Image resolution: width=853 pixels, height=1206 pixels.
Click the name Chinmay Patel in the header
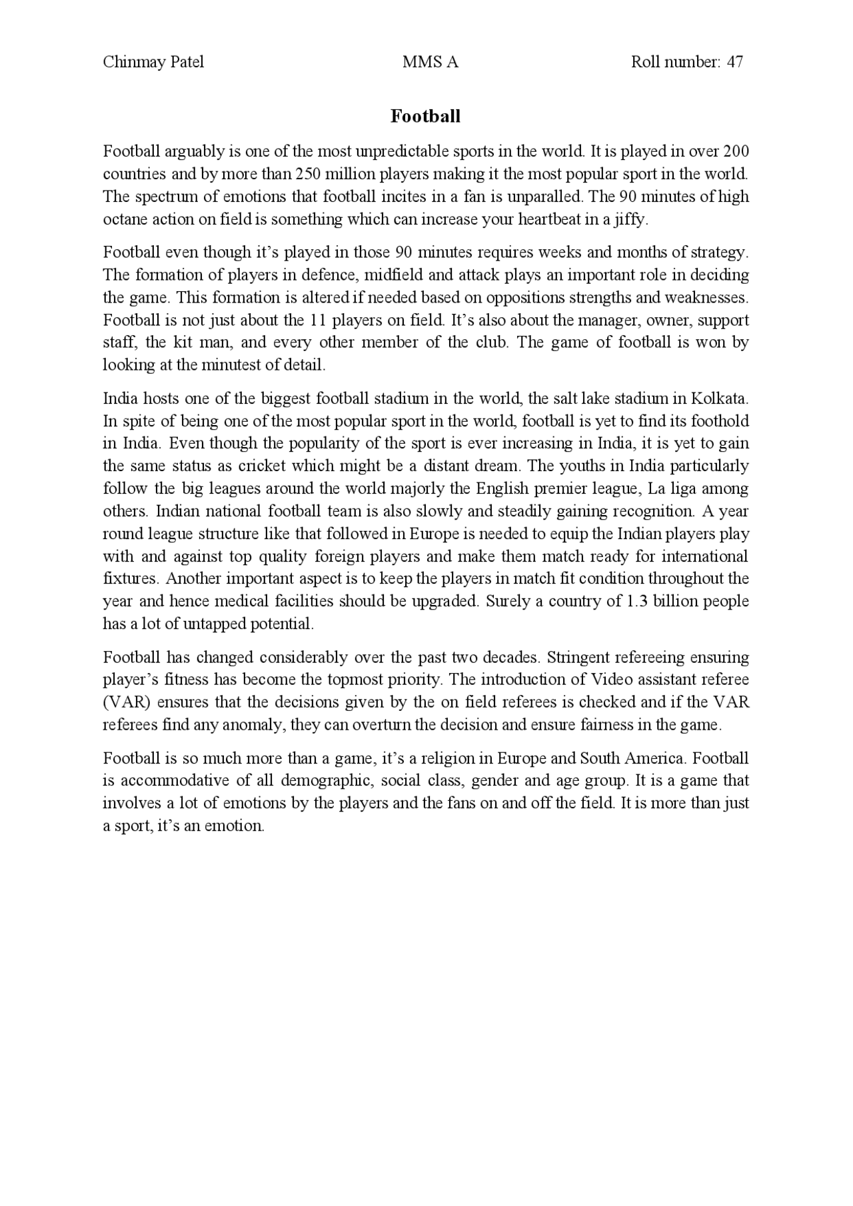pos(153,63)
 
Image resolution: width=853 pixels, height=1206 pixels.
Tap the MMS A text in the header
pos(430,63)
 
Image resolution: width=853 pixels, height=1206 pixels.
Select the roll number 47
pos(735,63)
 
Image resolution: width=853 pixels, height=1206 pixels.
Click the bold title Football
pos(425,117)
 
